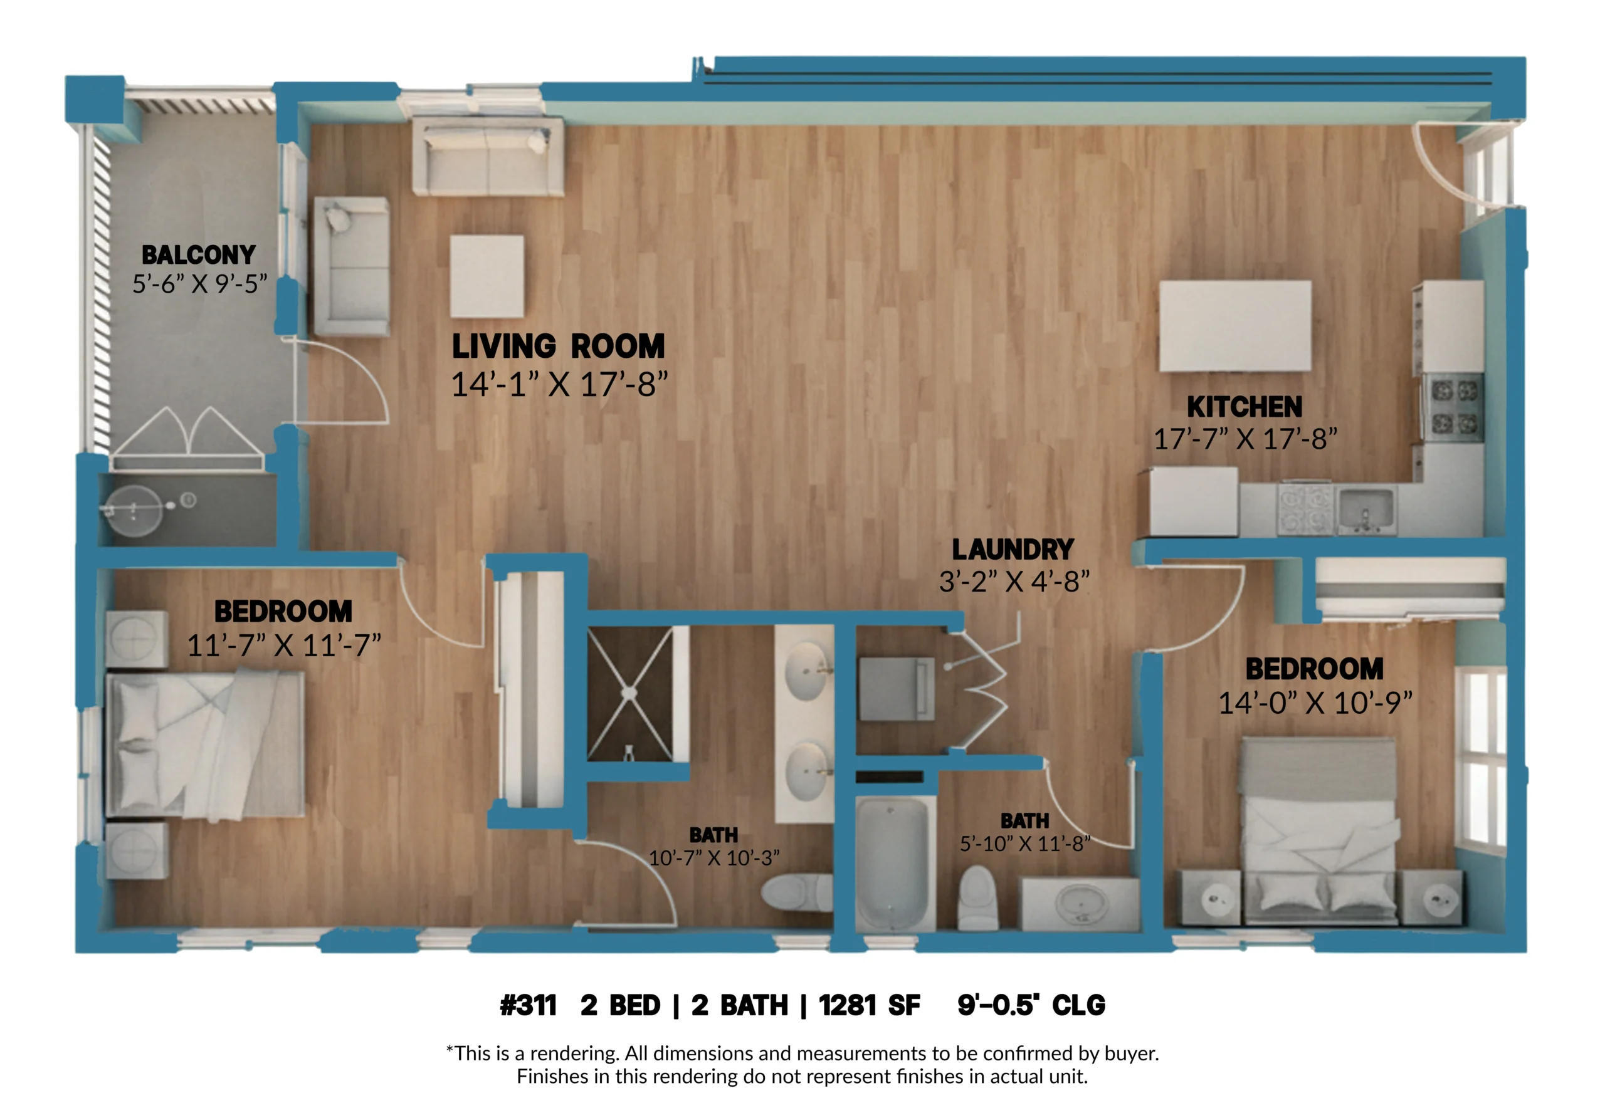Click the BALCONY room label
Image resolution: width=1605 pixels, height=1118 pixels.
(x=199, y=255)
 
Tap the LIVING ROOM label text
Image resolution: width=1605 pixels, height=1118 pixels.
(x=558, y=347)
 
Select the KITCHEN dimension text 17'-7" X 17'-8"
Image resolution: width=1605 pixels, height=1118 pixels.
(x=1245, y=439)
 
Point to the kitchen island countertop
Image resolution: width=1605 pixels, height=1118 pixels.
(x=1235, y=327)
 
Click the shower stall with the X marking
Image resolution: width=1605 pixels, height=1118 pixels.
(x=631, y=693)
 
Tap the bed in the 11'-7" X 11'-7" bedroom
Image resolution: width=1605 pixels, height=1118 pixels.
(x=205, y=744)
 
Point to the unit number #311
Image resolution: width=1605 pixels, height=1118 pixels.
(x=529, y=1005)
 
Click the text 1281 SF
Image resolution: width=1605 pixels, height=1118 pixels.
(x=870, y=1005)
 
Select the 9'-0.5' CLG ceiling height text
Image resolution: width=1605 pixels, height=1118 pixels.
(x=1031, y=1005)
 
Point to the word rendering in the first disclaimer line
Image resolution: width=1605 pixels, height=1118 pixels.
(x=573, y=1053)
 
